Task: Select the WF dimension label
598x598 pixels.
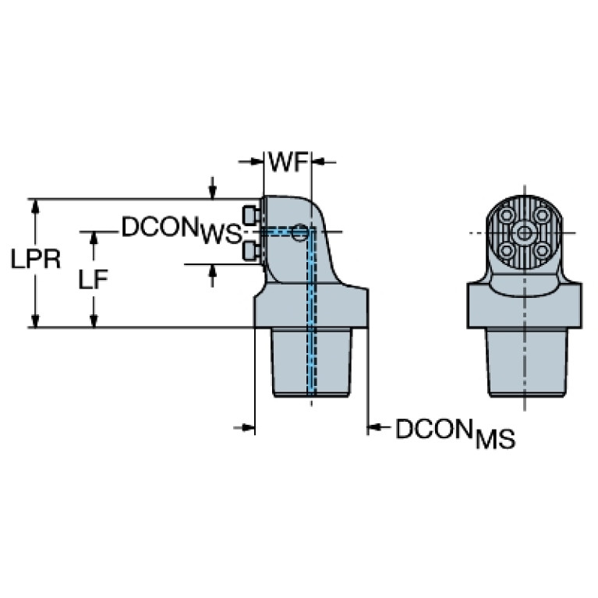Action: [x=285, y=162]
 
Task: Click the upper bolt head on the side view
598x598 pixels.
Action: [x=250, y=214]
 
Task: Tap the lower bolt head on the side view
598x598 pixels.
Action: [x=250, y=250]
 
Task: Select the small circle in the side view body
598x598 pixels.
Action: [x=300, y=231]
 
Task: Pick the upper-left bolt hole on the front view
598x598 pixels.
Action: [x=506, y=214]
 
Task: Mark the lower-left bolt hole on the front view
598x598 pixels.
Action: [x=506, y=250]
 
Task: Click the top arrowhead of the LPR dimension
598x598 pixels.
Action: [x=34, y=204]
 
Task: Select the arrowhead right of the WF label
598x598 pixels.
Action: [x=318, y=162]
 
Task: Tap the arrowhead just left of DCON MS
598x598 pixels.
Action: [x=374, y=426]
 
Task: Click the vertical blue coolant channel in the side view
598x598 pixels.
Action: [x=313, y=327]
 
